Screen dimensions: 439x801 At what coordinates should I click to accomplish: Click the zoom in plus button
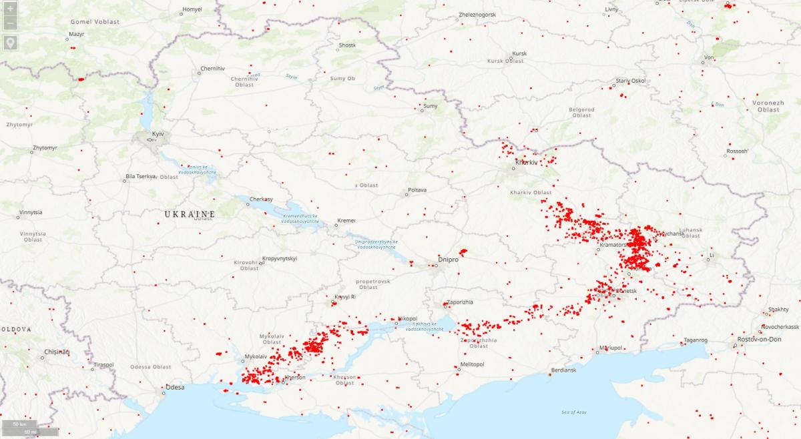pyautogui.click(x=10, y=9)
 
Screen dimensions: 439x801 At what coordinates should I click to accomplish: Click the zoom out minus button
pyautogui.click(x=10, y=24)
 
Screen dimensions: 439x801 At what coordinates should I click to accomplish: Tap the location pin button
pyautogui.click(x=10, y=43)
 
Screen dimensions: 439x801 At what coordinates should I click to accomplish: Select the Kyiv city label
pyautogui.click(x=158, y=134)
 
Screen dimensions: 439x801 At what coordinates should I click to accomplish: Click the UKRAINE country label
pyautogui.click(x=190, y=214)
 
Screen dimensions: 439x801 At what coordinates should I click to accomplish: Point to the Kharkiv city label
pyautogui.click(x=526, y=163)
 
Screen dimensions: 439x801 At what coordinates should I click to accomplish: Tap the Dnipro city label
pyautogui.click(x=448, y=259)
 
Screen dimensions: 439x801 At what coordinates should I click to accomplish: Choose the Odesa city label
pyautogui.click(x=175, y=388)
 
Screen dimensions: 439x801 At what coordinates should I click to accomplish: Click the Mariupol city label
pyautogui.click(x=610, y=348)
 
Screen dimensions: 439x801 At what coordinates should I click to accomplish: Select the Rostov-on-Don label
pyautogui.click(x=759, y=340)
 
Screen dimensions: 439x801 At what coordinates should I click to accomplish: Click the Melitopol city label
pyautogui.click(x=471, y=364)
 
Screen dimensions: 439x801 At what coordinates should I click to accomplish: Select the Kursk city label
pyautogui.click(x=519, y=53)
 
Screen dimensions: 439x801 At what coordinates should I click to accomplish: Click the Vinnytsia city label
pyautogui.click(x=31, y=212)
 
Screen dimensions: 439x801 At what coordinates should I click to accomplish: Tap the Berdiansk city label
pyautogui.click(x=563, y=370)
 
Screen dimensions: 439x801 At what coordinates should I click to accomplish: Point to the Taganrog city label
pyautogui.click(x=695, y=340)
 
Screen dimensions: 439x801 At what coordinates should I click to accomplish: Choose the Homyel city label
pyautogui.click(x=192, y=9)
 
